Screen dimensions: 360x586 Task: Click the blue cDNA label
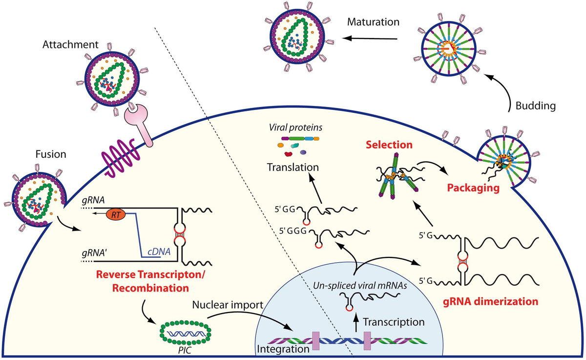[x=157, y=252]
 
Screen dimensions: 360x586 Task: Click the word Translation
[x=293, y=167]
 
